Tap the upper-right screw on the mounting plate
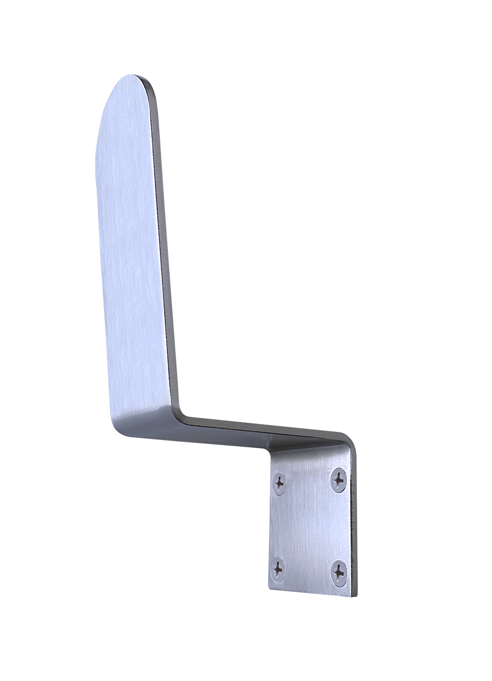pos(340,478)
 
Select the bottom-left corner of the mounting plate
pos(271,587)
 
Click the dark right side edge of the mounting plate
pos(353,518)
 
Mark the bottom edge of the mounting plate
pos(310,591)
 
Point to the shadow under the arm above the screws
pos(299,452)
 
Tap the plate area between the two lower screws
pos(309,571)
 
